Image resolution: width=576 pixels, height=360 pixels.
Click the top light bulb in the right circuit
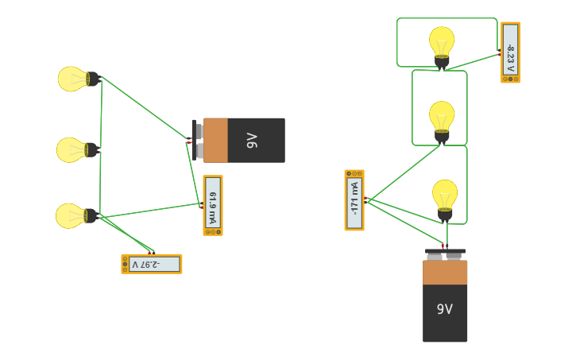coord(442,42)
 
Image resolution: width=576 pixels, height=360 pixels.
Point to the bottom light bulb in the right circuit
coord(445,195)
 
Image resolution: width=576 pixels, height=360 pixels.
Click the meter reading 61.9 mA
coord(213,205)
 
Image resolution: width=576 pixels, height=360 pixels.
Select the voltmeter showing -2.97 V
coord(151,264)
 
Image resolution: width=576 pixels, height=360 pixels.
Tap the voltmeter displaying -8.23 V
coord(510,52)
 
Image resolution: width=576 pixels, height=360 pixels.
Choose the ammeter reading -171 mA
coord(354,199)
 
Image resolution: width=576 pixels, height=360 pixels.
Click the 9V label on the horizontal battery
coord(253,141)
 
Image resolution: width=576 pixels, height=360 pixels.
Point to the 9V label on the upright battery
coord(444,309)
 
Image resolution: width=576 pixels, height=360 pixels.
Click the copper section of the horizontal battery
coord(215,141)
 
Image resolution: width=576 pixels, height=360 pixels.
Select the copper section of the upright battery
coord(445,273)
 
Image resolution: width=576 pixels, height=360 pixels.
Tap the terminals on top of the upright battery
coord(445,255)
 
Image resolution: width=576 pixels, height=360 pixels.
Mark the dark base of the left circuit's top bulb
coord(93,79)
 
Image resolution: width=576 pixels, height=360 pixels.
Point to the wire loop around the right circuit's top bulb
coord(447,18)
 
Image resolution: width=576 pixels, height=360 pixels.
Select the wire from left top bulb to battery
coord(143,107)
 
